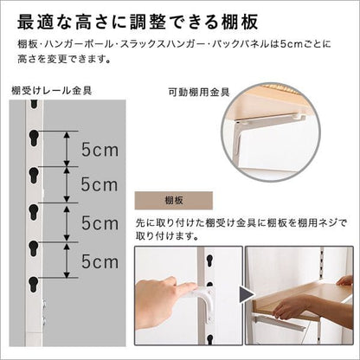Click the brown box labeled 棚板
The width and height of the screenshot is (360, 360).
[x=174, y=200]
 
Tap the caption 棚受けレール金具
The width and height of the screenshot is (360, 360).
[x=52, y=90]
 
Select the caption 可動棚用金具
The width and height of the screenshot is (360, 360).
[x=199, y=93]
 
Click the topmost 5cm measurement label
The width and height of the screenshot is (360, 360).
[x=100, y=150]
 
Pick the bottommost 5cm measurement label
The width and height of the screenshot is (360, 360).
[x=100, y=261]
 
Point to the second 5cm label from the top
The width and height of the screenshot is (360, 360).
[x=100, y=184]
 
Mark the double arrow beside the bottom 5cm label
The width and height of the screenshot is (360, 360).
[x=67, y=260]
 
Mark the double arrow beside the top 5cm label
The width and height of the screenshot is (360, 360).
[x=67, y=149]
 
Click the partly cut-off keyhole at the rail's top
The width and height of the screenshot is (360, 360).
[x=34, y=104]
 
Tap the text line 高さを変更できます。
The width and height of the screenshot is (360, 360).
[x=64, y=59]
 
